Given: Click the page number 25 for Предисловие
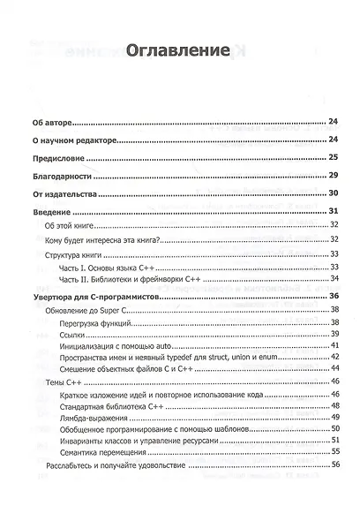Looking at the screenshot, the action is point(334,157).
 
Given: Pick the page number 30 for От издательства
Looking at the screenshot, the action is point(334,193).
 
